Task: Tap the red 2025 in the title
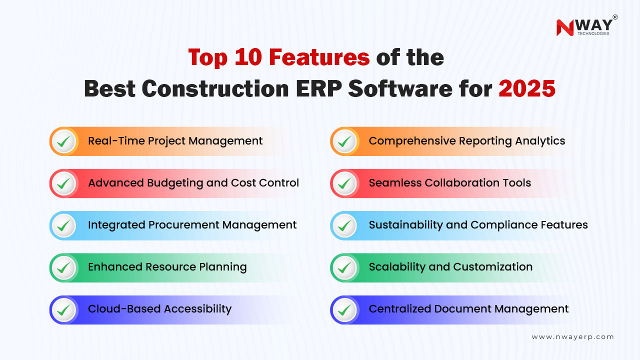527,88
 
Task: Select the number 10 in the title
248,57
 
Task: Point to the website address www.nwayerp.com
572,337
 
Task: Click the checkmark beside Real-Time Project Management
63,141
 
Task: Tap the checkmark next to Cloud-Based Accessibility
63,310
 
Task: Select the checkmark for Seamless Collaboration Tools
344,183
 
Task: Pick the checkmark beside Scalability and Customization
344,267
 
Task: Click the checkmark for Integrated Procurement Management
63,225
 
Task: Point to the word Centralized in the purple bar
399,308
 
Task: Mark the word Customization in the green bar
493,266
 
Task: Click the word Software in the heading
400,88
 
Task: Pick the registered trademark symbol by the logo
615,17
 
